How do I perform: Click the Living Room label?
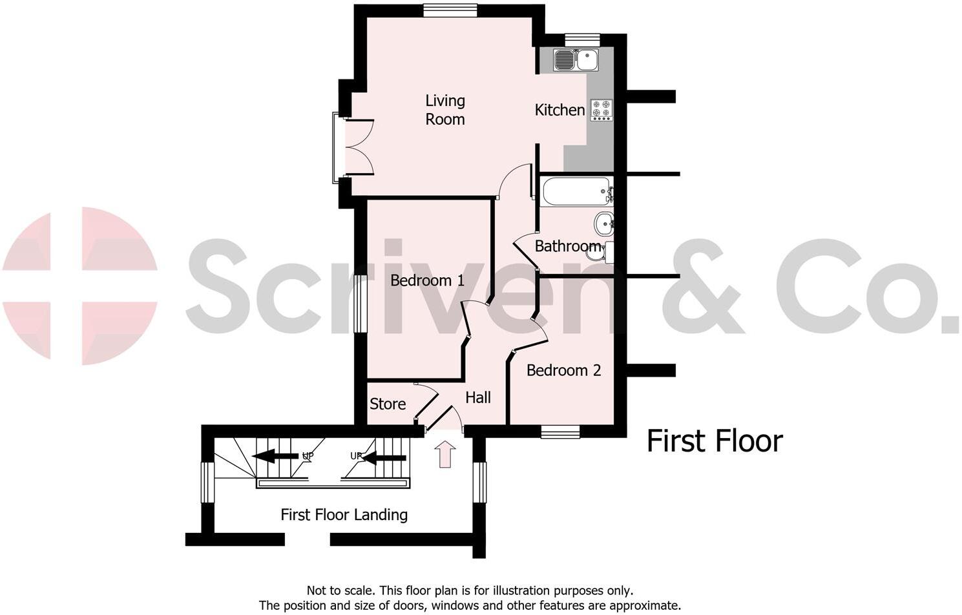(444, 110)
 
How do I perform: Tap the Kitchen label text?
(559, 110)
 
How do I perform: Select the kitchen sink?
(576, 60)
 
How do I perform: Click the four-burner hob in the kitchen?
(601, 110)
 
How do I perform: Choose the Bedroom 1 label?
(427, 280)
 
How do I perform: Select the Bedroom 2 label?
(563, 370)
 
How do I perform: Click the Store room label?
(388, 404)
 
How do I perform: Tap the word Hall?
(478, 397)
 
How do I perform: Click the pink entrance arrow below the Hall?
(445, 453)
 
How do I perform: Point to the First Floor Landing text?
(344, 515)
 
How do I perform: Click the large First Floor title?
(715, 441)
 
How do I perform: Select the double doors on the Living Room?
(359, 147)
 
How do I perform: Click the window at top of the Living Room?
(450, 10)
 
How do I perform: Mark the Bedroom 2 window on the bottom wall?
(560, 432)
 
